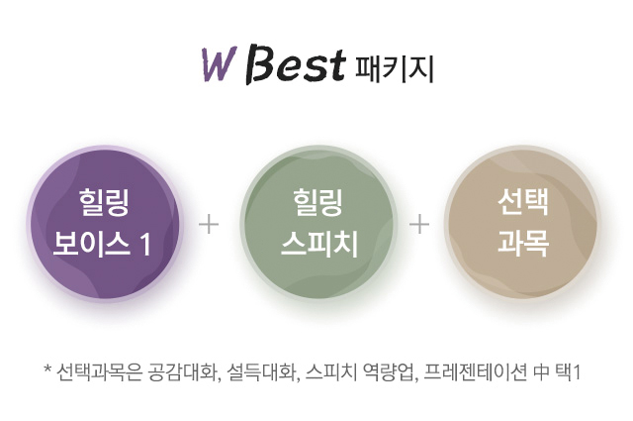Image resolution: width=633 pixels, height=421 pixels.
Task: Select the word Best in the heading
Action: pyautogui.click(x=295, y=66)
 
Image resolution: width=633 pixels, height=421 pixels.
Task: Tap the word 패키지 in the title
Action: pyautogui.click(x=394, y=68)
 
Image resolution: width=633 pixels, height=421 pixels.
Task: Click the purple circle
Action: pyautogui.click(x=105, y=224)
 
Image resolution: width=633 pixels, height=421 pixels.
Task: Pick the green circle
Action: pyautogui.click(x=318, y=224)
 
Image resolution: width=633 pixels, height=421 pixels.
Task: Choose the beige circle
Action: pyautogui.click(x=523, y=224)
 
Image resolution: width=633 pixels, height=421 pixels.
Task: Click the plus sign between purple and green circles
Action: pyautogui.click(x=209, y=225)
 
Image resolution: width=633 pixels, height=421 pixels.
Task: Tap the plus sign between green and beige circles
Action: pyautogui.click(x=419, y=225)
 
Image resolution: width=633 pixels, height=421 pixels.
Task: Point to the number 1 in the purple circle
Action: pyautogui.click(x=145, y=245)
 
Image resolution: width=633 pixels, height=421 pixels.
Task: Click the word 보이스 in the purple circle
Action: pyautogui.click(x=91, y=244)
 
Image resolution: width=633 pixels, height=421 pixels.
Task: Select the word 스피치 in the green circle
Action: pyautogui.click(x=319, y=244)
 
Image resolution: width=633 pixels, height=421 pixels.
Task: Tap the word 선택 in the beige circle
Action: pyautogui.click(x=523, y=202)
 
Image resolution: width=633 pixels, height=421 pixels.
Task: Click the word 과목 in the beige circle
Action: pyautogui.click(x=523, y=244)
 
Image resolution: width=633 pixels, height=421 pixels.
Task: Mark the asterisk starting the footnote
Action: pyautogui.click(x=47, y=368)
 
